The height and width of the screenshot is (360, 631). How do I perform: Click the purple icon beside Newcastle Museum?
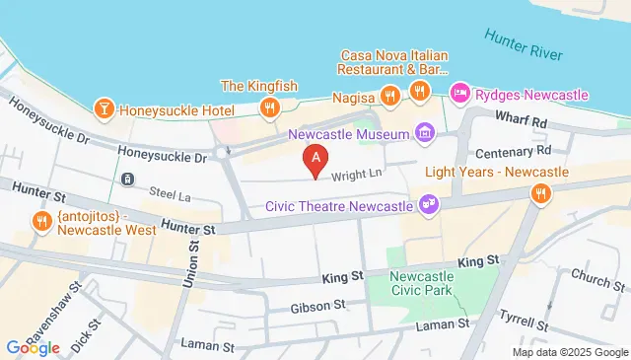(424, 131)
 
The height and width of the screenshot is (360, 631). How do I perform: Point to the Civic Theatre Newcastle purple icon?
(428, 205)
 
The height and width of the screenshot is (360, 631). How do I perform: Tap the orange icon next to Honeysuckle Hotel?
(103, 108)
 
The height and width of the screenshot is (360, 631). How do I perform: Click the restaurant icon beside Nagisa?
(390, 94)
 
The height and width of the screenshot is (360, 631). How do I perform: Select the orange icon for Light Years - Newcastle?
(538, 194)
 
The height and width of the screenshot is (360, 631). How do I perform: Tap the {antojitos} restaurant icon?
(41, 220)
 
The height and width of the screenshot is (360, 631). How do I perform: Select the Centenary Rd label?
(513, 153)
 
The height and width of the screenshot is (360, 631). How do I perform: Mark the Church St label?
(591, 279)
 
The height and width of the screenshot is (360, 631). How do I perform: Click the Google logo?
(33, 347)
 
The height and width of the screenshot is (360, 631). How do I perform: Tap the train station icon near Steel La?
(128, 180)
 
